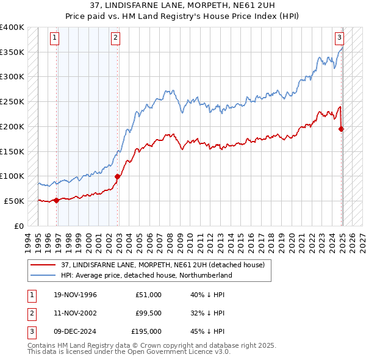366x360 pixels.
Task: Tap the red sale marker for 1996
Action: tap(57, 200)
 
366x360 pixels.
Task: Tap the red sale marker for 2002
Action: tap(117, 176)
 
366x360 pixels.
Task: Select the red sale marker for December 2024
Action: tap(341, 129)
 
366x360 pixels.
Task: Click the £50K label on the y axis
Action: tap(14, 201)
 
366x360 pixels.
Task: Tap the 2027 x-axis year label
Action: tap(360, 238)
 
